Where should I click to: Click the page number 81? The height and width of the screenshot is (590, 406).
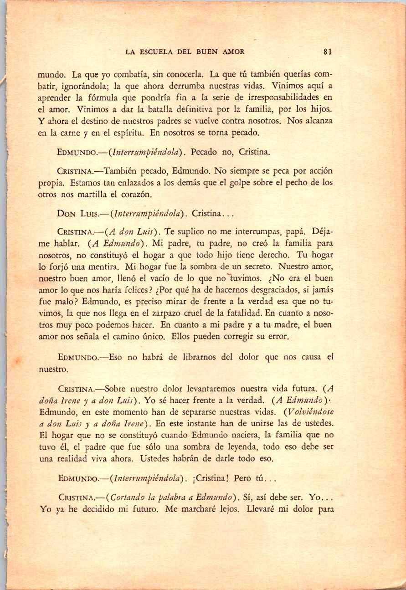point(327,52)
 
